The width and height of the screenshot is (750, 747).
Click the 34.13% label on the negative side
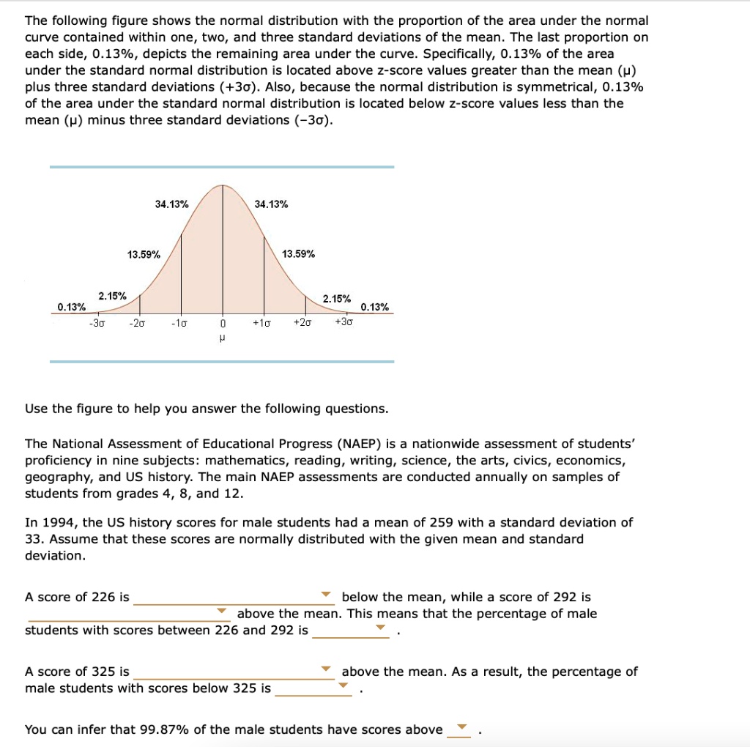[x=171, y=204]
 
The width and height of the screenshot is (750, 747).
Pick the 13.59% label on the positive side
[x=299, y=254]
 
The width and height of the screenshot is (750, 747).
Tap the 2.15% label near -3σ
[x=112, y=296]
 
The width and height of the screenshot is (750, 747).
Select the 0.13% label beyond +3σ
[x=375, y=307]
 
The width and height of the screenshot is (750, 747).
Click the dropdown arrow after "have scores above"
[x=460, y=727]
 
